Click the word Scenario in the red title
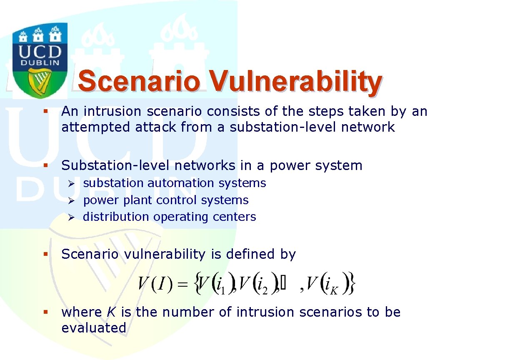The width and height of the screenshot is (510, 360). (x=139, y=81)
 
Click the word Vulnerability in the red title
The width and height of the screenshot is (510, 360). (x=295, y=82)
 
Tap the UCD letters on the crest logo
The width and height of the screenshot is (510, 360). (x=40, y=52)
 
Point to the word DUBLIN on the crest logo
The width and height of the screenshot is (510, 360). (x=40, y=63)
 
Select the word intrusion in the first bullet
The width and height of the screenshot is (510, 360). (x=112, y=111)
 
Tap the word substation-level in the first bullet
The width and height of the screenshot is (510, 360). (x=282, y=127)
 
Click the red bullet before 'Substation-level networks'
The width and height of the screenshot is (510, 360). (x=45, y=165)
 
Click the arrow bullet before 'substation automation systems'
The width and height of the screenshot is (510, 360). (x=71, y=183)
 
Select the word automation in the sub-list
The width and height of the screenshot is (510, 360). (x=180, y=183)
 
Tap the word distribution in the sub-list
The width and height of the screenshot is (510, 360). (x=116, y=216)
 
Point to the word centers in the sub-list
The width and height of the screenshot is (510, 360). (x=234, y=217)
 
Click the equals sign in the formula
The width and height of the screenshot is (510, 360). (x=182, y=284)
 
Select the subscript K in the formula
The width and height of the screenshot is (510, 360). (x=334, y=290)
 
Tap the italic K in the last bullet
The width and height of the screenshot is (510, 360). (x=112, y=312)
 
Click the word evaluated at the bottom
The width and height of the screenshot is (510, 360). (x=94, y=327)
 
